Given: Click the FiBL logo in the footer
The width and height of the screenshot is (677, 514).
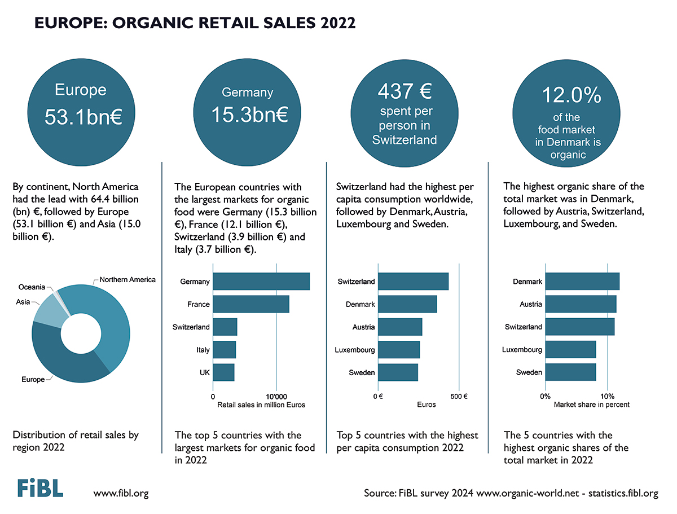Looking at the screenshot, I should [x=39, y=489].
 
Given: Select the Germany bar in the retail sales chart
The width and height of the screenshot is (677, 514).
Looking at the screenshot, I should [x=261, y=282].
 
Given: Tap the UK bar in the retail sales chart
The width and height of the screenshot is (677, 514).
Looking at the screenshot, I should [x=223, y=372].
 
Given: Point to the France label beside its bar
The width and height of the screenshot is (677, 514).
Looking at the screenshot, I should [x=199, y=305].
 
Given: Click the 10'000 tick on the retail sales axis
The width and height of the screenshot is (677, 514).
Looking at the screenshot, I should [x=276, y=396].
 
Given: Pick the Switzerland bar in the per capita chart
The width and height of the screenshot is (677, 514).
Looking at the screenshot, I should [x=412, y=282].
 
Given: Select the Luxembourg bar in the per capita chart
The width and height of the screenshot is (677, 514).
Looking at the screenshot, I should [x=398, y=350].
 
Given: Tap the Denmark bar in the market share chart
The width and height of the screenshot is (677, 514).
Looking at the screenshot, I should [x=582, y=282].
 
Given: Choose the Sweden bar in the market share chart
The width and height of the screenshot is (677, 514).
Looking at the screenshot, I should [x=570, y=372].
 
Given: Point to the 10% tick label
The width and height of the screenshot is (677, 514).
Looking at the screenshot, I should [x=607, y=396].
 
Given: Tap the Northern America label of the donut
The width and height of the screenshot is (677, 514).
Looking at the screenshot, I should [x=127, y=280].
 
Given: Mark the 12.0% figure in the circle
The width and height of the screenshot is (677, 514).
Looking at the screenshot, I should [x=571, y=95].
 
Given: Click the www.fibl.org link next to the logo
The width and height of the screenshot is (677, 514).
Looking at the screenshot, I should [x=121, y=493].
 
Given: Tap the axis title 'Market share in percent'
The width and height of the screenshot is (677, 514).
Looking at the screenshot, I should [x=591, y=405].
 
